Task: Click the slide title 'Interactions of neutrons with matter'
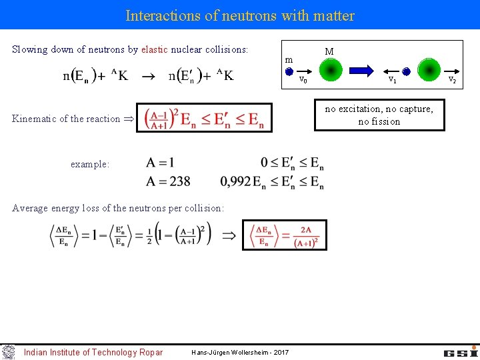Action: coord(240,15)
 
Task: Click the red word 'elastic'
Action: coord(155,49)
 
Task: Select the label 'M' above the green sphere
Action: coord(329,51)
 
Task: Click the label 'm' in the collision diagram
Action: coord(289,60)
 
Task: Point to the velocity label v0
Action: coord(302,79)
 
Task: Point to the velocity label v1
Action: coord(393,79)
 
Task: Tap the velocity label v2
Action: coord(452,79)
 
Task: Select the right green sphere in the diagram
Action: coord(428,69)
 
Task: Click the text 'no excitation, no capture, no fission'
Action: coord(379,115)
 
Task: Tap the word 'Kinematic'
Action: coord(34,119)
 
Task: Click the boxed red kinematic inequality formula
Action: coord(204,118)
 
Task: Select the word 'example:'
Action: coord(90,164)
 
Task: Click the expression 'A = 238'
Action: coord(169,181)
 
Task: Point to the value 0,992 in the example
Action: coord(235,181)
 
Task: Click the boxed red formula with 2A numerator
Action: coord(284,235)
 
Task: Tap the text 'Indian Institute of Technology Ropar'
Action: coord(93,352)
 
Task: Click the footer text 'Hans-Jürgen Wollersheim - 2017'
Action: coord(239,352)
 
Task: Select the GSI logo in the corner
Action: coord(461,351)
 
